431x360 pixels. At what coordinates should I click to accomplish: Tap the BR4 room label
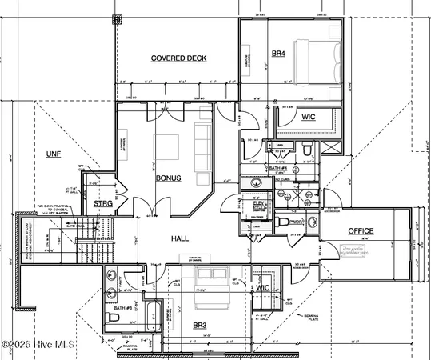click(278, 54)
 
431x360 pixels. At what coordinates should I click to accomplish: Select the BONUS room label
click(168, 178)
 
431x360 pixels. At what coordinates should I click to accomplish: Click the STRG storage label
click(102, 204)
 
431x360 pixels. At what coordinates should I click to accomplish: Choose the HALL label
click(180, 238)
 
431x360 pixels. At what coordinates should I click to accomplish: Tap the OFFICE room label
click(360, 231)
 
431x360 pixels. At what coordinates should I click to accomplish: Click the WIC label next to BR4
click(309, 117)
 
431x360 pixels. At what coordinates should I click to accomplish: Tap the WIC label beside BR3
click(261, 288)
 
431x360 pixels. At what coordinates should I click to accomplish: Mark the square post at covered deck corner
click(117, 18)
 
